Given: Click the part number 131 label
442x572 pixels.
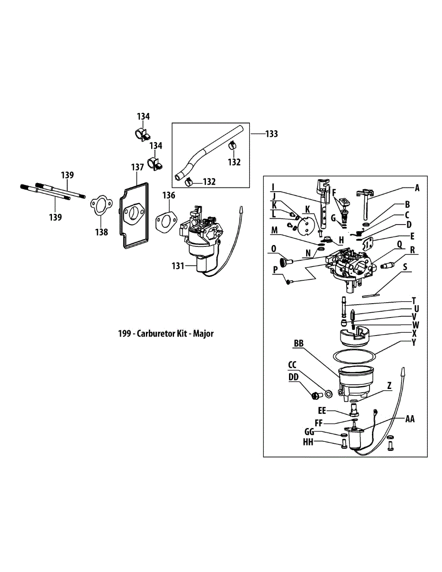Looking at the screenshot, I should [x=177, y=266].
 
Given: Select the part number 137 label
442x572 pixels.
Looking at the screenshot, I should [x=137, y=167].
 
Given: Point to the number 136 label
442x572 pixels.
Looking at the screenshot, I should [x=168, y=195].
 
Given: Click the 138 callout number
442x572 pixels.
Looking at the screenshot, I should [x=101, y=232].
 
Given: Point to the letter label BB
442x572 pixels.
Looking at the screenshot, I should [x=299, y=343].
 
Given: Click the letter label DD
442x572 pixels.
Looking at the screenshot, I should [x=294, y=376].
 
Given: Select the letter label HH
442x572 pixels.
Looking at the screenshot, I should [x=308, y=442].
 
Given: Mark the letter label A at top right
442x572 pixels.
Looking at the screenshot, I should [x=417, y=188].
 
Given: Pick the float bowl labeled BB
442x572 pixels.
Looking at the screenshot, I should [x=355, y=381].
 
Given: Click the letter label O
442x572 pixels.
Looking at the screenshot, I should [x=273, y=248].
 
